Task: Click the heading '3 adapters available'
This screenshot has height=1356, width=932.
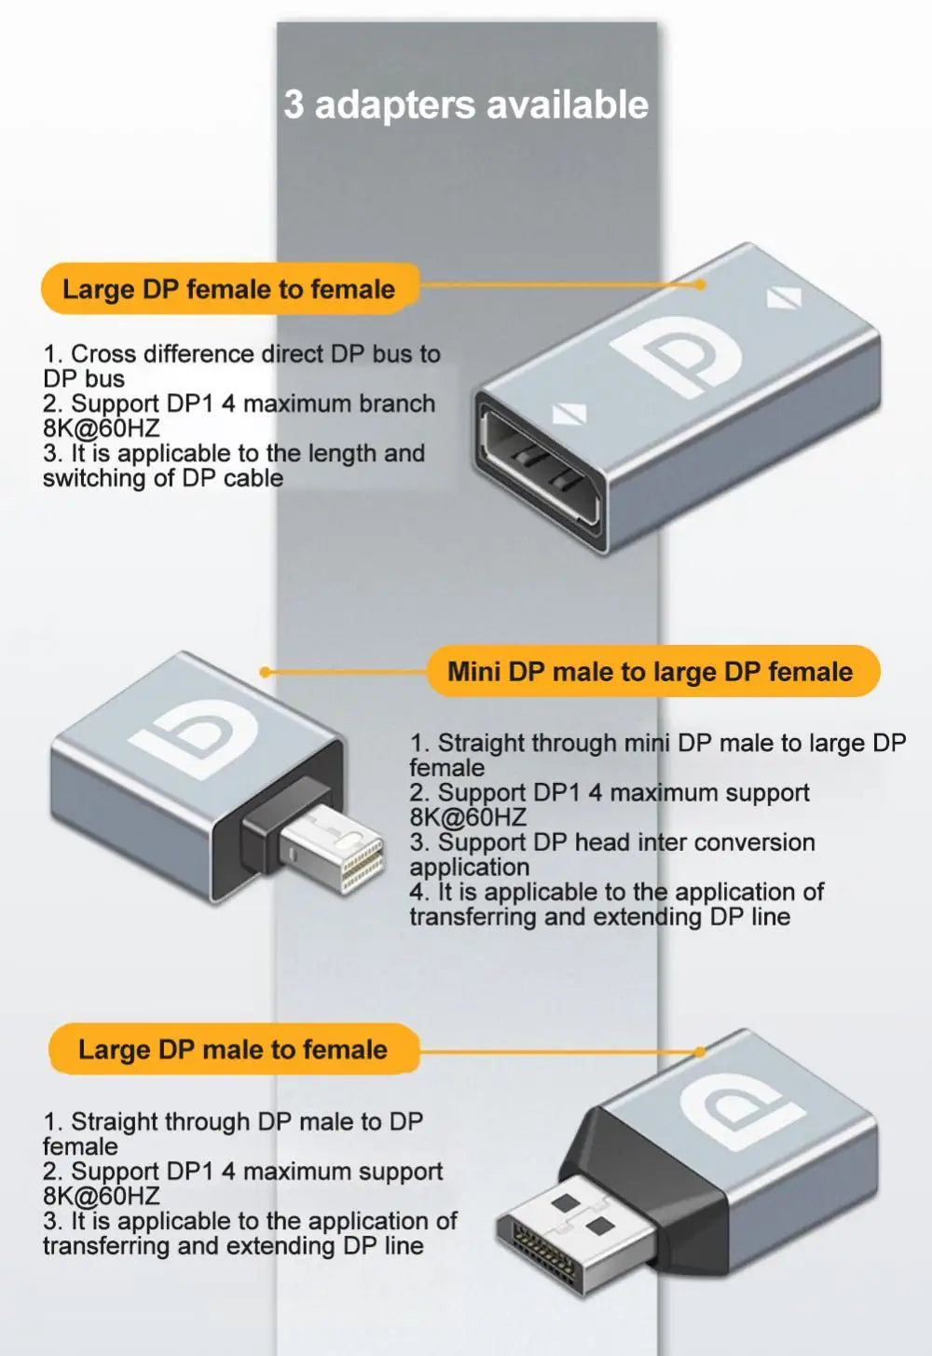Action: [466, 104]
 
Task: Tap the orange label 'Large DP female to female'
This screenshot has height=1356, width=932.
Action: [230, 289]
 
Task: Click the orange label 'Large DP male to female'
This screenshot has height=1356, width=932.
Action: [234, 1049]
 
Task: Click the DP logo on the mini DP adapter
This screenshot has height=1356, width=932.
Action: [195, 736]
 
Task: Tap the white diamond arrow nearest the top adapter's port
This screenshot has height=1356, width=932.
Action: [569, 416]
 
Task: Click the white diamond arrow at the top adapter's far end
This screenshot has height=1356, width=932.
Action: [784, 298]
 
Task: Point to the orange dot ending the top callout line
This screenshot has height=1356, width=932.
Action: [700, 284]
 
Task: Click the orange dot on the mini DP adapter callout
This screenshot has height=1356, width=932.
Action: [265, 672]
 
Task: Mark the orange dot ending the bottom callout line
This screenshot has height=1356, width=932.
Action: [700, 1051]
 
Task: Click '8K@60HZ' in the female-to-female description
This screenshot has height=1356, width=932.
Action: [101, 429]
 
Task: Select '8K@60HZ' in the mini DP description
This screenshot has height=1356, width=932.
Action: [468, 818]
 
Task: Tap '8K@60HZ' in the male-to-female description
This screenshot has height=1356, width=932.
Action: [101, 1197]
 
